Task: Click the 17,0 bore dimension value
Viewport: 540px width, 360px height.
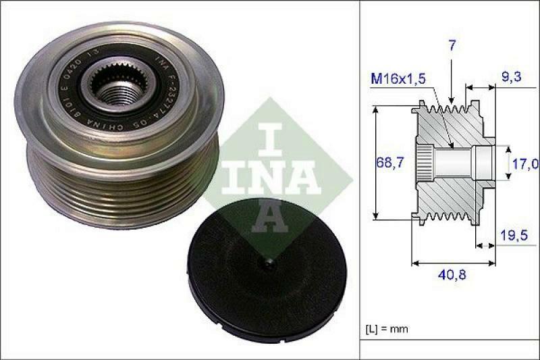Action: coord(524,163)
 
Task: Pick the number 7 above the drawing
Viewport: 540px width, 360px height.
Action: coord(451,47)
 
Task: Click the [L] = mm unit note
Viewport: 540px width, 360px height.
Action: coord(386,329)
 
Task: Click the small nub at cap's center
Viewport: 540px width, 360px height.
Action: coord(268,261)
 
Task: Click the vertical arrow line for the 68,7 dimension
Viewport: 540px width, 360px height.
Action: coord(375,162)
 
